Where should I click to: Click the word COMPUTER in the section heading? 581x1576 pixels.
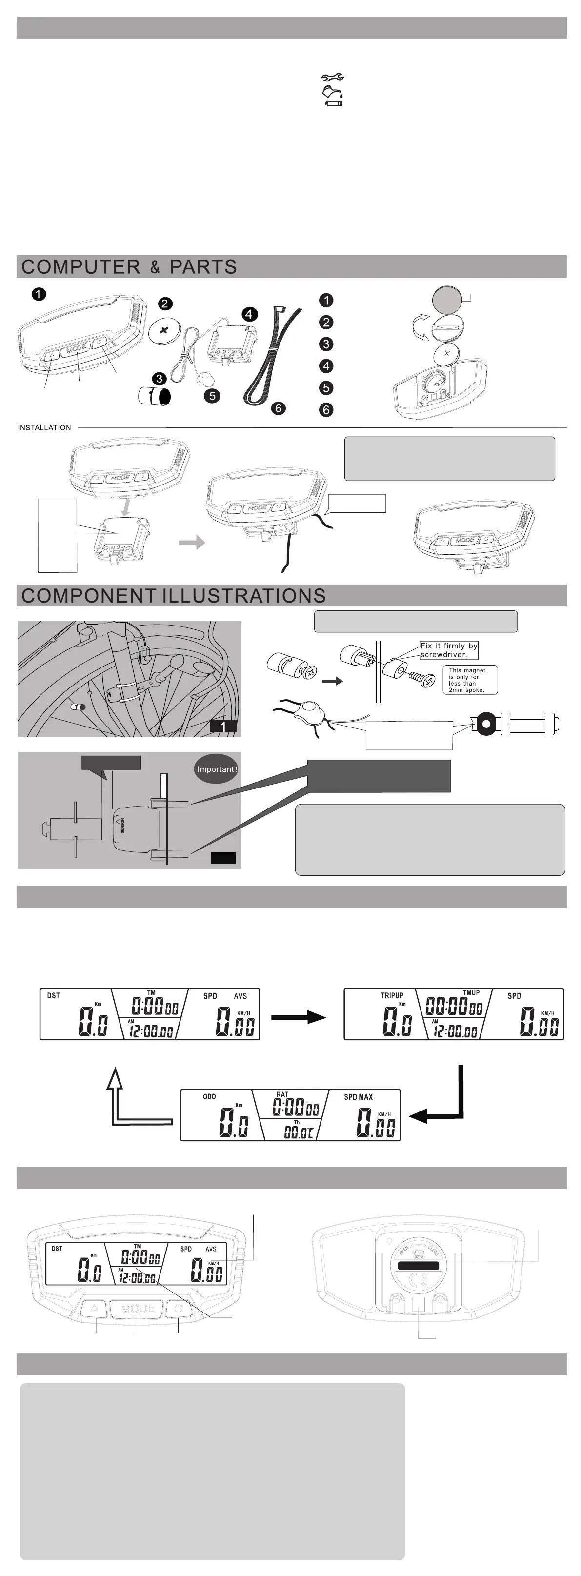click(80, 267)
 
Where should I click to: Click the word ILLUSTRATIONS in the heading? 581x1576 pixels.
click(244, 596)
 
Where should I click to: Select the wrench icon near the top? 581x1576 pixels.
click(333, 78)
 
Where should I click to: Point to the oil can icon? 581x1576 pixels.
click(333, 92)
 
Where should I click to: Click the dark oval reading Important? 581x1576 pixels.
click(217, 769)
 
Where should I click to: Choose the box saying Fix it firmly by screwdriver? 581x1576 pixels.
click(448, 650)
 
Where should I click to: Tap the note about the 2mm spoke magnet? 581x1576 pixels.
click(470, 680)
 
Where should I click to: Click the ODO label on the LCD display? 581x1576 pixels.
click(209, 1096)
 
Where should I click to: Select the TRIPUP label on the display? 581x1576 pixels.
click(392, 995)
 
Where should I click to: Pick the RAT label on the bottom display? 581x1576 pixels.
click(282, 1094)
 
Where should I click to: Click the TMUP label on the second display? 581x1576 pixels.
click(471, 993)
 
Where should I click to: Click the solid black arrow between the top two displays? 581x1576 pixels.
click(298, 1017)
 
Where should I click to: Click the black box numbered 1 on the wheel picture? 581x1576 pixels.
click(223, 726)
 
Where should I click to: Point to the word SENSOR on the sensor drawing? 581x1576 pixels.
click(122, 826)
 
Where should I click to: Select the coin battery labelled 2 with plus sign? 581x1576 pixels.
click(163, 331)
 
